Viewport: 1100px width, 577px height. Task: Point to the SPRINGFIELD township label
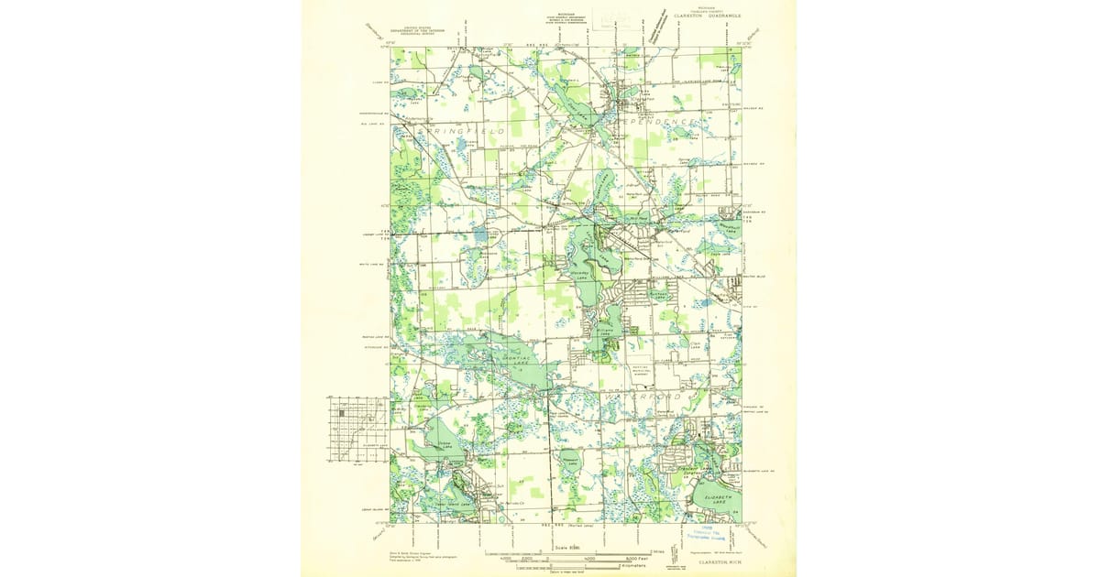pos(462,133)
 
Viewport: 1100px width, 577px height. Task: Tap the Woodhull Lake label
pos(731,228)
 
